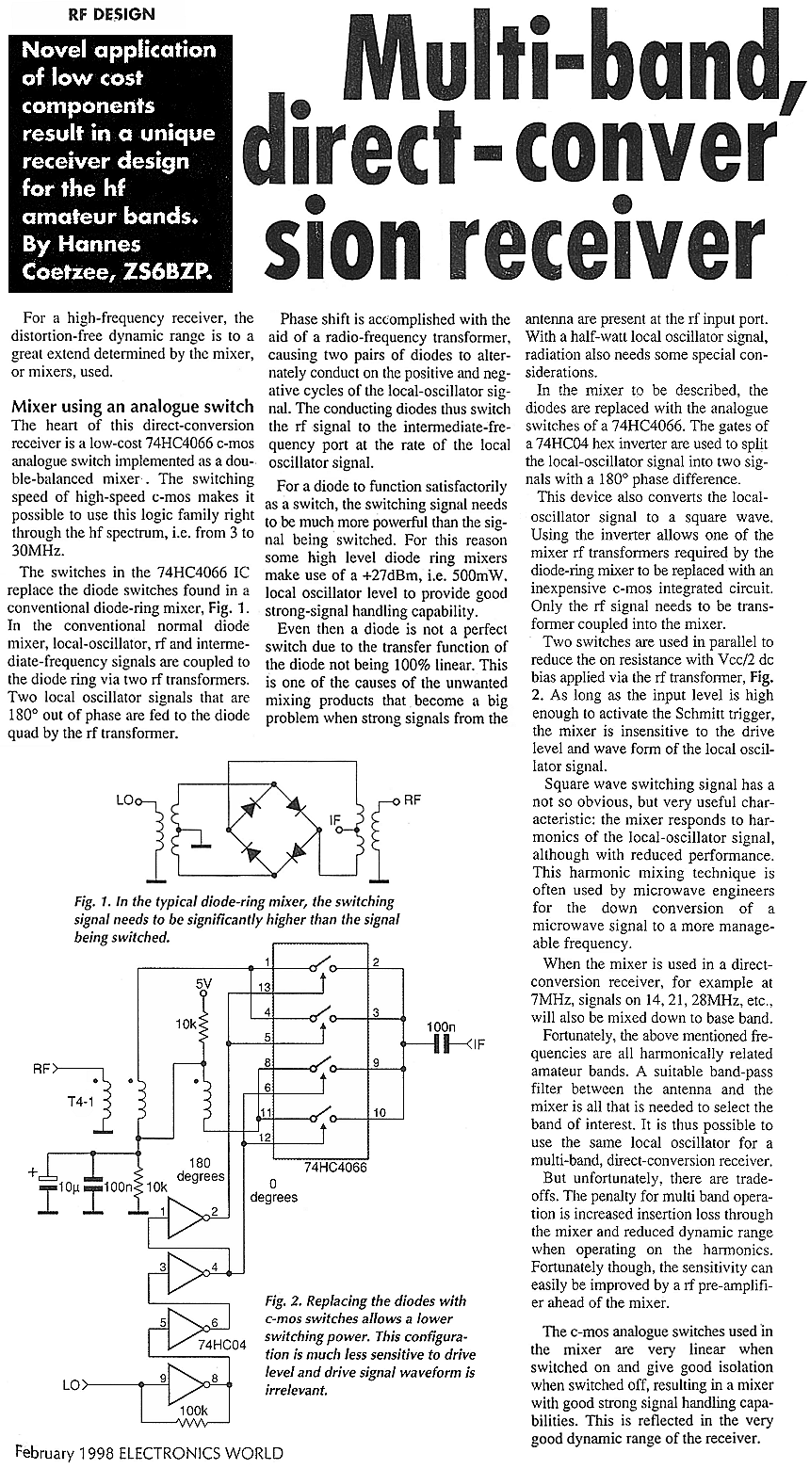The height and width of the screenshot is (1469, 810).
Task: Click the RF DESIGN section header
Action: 112,14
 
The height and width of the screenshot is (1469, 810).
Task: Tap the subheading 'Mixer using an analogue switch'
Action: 132,407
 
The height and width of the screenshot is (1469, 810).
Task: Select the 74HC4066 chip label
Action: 334,1168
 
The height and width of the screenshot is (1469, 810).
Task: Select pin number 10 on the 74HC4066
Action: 378,1113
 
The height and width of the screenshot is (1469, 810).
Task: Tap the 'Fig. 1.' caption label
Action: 89,900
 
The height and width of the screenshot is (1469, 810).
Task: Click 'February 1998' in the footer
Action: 65,1452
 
